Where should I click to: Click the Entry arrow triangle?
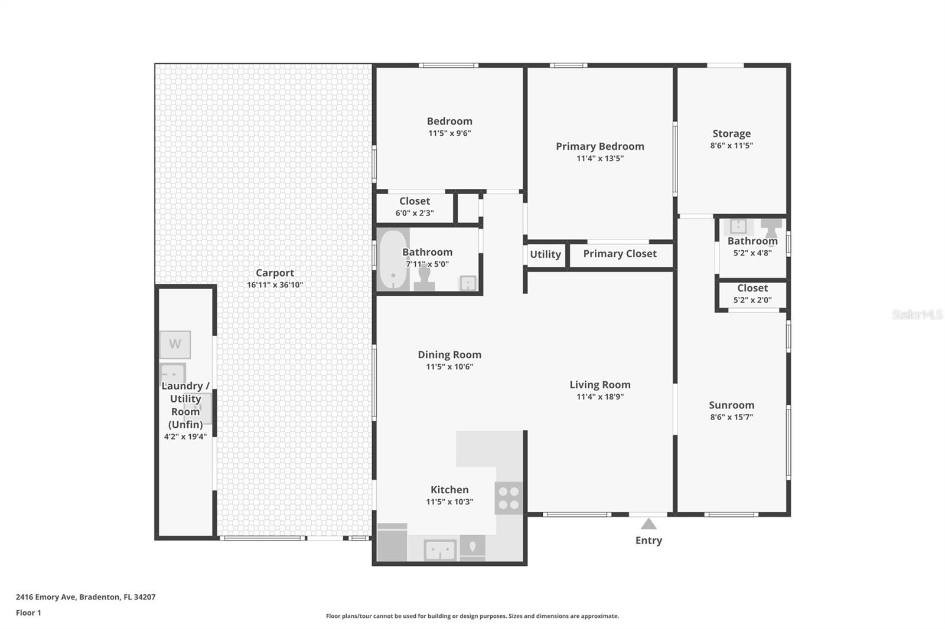click(x=649, y=524)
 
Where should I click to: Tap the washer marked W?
click(x=175, y=345)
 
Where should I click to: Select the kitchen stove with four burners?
click(x=509, y=497)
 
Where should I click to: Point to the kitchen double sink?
click(x=440, y=550)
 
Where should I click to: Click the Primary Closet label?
click(x=620, y=254)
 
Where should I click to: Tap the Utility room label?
click(x=545, y=254)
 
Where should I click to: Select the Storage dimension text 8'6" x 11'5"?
click(x=731, y=146)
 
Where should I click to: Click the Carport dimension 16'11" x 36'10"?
click(x=275, y=285)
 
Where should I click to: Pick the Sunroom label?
click(x=731, y=405)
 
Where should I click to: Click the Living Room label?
click(x=599, y=385)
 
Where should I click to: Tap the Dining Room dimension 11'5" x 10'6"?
click(x=449, y=367)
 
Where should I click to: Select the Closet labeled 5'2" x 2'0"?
click(x=752, y=293)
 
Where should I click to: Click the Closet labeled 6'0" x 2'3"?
click(x=415, y=207)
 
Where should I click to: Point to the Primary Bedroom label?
click(x=599, y=146)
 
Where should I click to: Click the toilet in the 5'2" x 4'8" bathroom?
click(x=771, y=228)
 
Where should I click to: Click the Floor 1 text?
click(x=28, y=613)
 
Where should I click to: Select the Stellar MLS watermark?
click(x=917, y=314)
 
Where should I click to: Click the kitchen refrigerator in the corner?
click(x=392, y=543)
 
